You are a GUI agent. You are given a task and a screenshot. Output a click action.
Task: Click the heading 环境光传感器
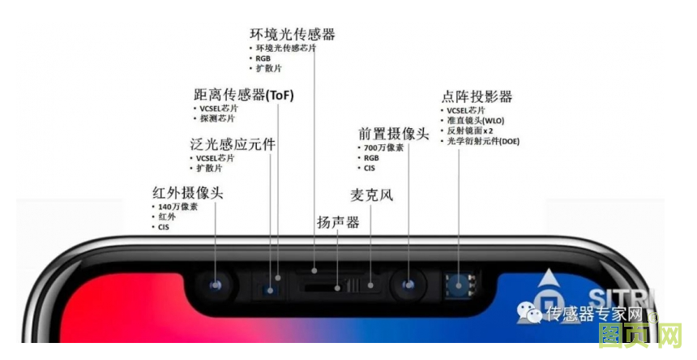pos(292,35)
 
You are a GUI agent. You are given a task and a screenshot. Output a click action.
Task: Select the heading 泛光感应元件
pos(232,145)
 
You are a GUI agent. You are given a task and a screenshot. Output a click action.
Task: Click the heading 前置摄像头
pos(393,134)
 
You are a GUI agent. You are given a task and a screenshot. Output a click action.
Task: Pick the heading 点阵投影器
pos(477,96)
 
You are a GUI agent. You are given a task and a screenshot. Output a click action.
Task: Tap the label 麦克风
pos(371,195)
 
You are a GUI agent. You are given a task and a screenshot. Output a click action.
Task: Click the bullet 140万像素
pos(177,207)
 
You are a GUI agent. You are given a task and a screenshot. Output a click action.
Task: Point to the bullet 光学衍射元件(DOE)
pos(483,141)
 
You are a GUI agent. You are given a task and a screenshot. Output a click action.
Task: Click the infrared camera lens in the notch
pos(216,285)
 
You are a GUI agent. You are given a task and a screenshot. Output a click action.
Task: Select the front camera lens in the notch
pos(408,285)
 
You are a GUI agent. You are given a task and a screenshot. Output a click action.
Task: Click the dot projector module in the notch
pos(463,285)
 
